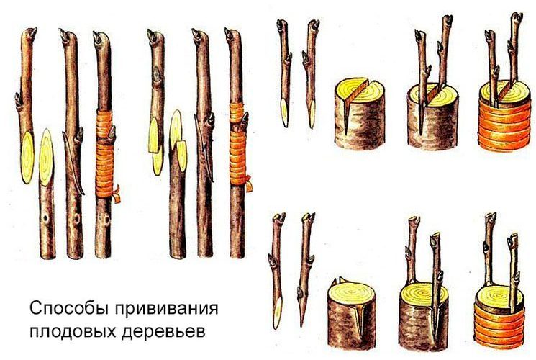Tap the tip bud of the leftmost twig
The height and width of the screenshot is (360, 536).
(x=29, y=33)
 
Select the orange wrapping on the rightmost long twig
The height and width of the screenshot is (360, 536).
(x=237, y=137)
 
